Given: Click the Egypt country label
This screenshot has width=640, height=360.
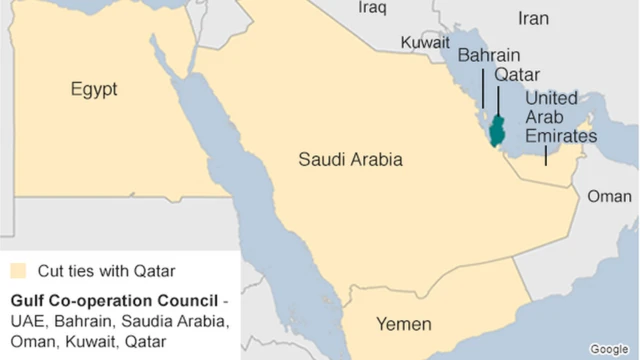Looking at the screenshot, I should [x=94, y=90].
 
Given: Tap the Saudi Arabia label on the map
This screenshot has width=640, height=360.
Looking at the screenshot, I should [x=350, y=159].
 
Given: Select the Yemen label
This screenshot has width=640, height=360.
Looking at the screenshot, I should [x=403, y=324].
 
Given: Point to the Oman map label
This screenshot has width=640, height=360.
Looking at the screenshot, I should [x=609, y=196].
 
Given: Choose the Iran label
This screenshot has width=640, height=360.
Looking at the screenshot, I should [x=533, y=18].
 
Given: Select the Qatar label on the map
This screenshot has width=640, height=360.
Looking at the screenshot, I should [x=518, y=75].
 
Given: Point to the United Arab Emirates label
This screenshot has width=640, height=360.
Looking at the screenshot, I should [x=561, y=117].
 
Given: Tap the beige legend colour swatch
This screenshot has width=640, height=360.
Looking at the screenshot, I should [x=18, y=270].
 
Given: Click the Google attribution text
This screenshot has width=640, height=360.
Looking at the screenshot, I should [x=609, y=348].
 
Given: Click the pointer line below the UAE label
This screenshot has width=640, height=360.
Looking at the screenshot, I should [x=546, y=155].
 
